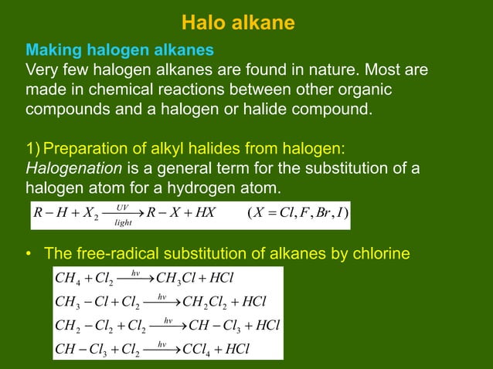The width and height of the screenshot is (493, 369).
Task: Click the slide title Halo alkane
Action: (238, 23)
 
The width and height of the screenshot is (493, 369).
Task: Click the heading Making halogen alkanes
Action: (120, 51)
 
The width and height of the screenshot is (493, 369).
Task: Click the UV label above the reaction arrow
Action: (121, 206)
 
